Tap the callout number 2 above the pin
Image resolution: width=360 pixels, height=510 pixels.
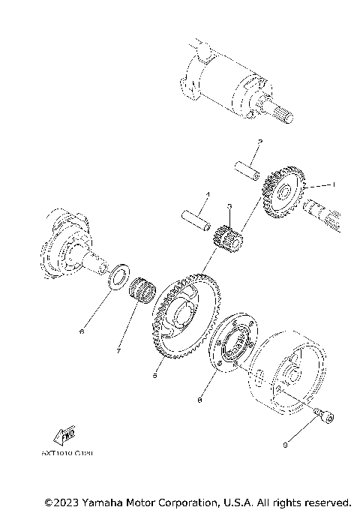pos(259,142)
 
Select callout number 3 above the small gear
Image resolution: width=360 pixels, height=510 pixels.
pos(230,205)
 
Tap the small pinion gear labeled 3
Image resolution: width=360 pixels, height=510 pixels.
pos(226,239)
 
